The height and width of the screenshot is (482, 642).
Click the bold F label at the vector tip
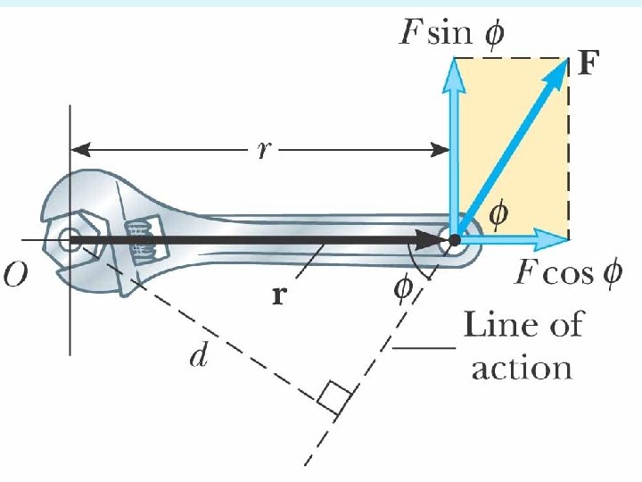tap(588, 64)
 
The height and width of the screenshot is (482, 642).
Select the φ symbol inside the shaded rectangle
tap(500, 213)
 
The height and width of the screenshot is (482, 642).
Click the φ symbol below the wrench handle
tap(403, 287)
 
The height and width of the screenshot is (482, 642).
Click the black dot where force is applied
tap(455, 239)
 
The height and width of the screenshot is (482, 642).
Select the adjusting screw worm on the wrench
tap(138, 238)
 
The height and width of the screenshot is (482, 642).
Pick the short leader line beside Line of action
tap(426, 347)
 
